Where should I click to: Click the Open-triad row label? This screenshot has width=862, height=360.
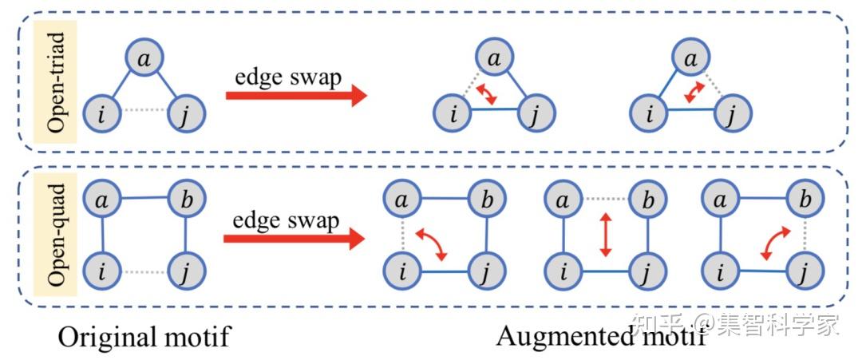click(56, 82)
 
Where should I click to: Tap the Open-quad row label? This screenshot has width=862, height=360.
click(56, 235)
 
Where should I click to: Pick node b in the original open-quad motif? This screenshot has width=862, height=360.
click(186, 200)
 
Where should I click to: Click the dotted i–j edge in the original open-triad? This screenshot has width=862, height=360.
click(144, 110)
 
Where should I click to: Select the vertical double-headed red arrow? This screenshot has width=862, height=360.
click(605, 235)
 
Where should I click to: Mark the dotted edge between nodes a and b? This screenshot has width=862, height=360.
click(605, 199)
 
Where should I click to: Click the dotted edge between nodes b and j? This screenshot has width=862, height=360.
click(805, 235)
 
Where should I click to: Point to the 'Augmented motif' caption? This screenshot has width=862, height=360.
click(600, 336)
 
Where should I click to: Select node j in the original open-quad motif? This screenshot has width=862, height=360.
click(186, 271)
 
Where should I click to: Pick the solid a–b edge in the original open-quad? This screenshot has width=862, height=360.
click(144, 200)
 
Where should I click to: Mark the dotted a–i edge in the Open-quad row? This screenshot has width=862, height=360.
click(403, 235)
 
